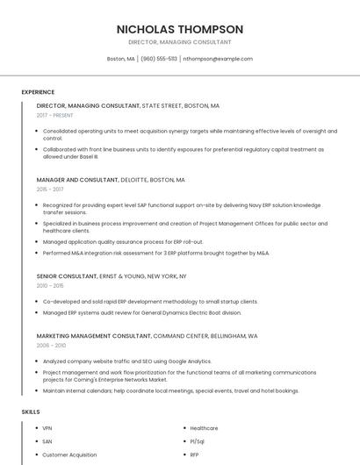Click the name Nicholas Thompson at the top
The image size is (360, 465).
pos(180,29)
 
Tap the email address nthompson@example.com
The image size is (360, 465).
pos(218,59)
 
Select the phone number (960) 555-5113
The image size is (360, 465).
pos(159,59)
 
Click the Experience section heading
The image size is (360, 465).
pos(38,92)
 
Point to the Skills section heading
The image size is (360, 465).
pos(31,411)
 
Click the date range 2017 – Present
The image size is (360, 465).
pos(55,115)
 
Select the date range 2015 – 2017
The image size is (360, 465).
pos(50,189)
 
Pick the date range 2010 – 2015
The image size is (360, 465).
pos(50,285)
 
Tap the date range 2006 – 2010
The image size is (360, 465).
pos(51,345)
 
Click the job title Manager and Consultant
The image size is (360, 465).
pos(77,179)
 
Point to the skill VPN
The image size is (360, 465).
pos(47,428)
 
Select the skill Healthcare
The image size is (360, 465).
pos(204,428)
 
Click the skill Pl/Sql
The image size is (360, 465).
pos(198,441)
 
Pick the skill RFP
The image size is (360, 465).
pos(195,454)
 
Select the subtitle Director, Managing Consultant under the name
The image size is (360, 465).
pos(180,42)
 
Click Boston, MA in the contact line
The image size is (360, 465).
pos(120,59)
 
